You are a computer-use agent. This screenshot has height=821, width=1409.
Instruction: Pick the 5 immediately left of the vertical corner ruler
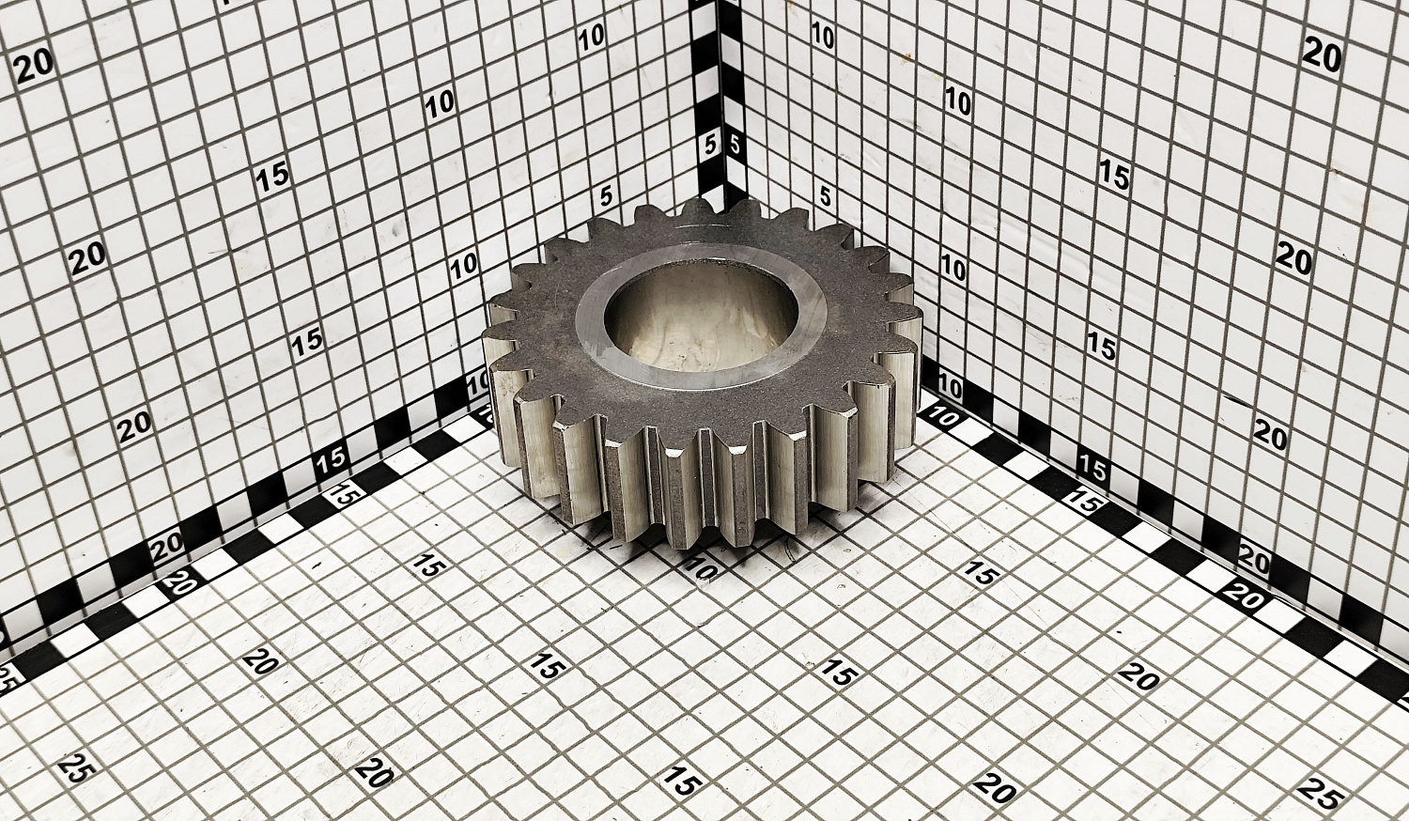(x=711, y=146)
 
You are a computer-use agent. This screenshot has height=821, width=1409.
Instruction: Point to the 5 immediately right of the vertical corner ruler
(x=734, y=146)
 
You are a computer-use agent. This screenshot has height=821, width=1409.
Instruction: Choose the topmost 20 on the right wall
(x=1322, y=56)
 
